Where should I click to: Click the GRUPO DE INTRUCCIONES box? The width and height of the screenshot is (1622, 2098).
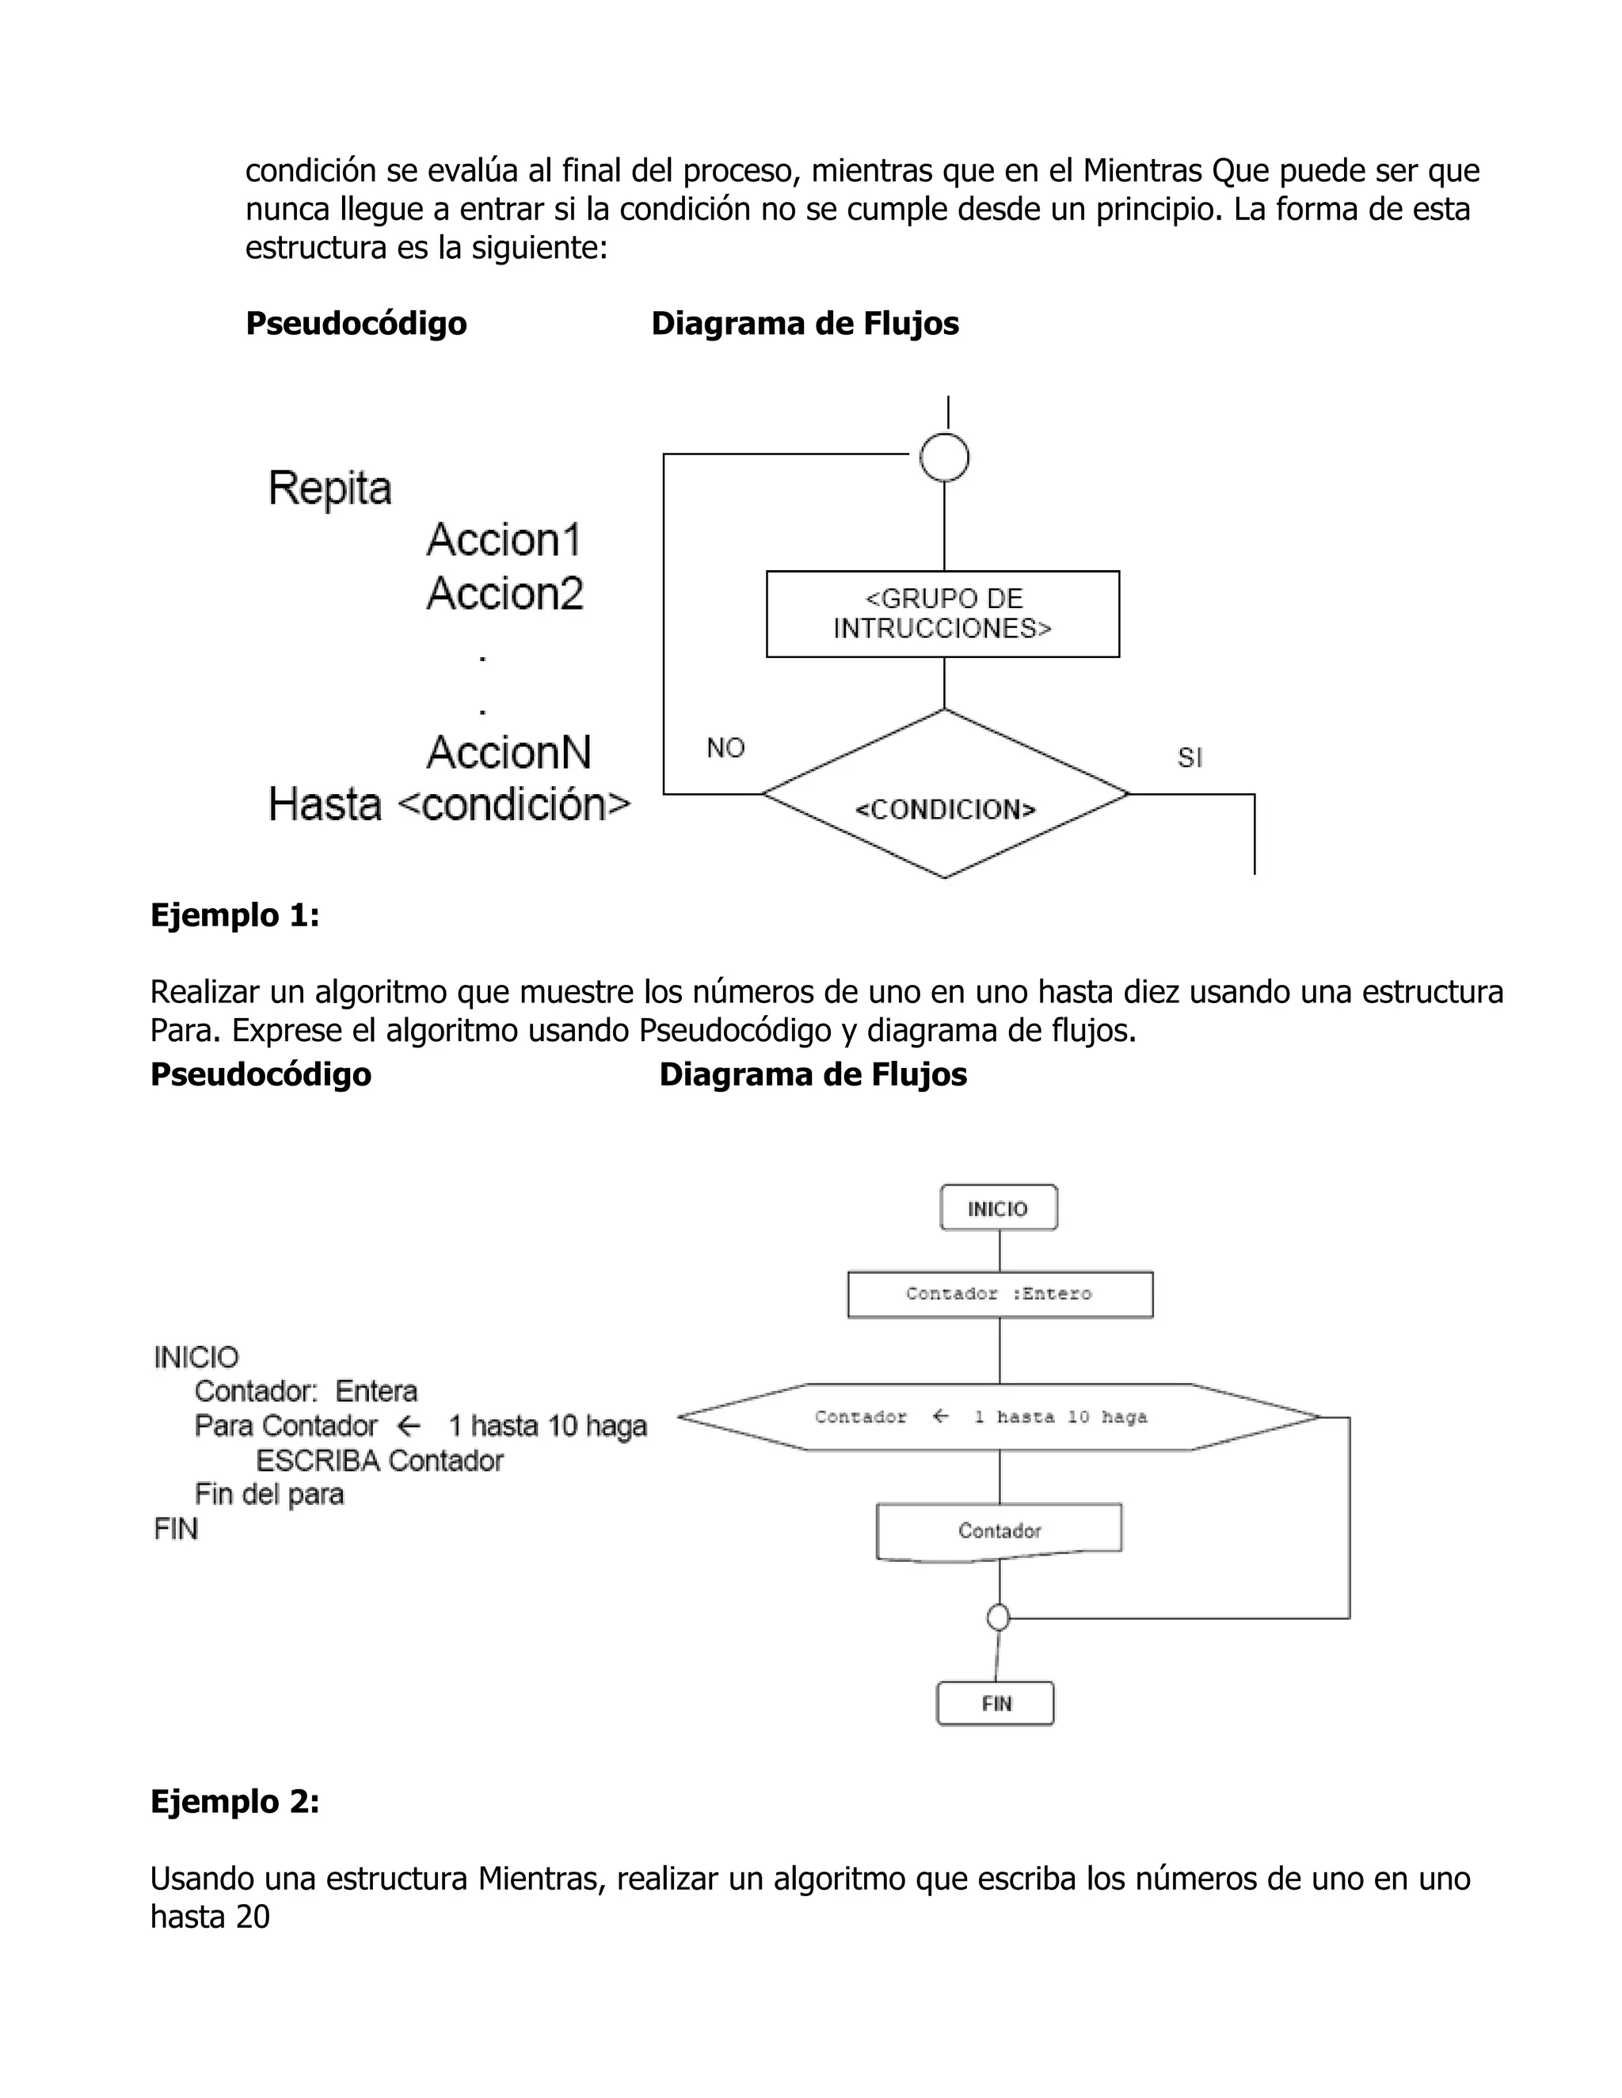(x=942, y=614)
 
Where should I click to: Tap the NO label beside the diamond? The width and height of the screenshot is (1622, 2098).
(x=725, y=748)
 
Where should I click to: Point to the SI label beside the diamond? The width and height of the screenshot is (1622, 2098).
(x=1190, y=758)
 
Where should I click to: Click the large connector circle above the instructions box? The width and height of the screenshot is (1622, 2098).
(x=945, y=458)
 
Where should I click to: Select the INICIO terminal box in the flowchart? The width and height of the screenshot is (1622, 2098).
(x=999, y=1208)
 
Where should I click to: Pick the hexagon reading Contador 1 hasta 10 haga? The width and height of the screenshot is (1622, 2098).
(x=999, y=1417)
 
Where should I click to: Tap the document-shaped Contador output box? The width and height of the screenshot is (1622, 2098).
(x=999, y=1531)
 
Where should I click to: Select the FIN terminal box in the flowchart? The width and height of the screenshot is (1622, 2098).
(x=996, y=1703)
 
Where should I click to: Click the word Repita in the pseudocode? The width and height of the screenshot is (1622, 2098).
(x=329, y=488)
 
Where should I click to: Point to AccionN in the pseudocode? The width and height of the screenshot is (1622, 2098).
(x=508, y=752)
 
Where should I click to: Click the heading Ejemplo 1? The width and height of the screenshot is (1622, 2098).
(x=234, y=914)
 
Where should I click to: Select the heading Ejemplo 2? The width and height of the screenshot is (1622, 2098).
(x=234, y=1801)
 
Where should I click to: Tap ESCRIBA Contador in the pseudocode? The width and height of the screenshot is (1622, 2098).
(x=379, y=1461)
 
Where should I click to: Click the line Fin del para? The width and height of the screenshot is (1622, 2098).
(x=269, y=1495)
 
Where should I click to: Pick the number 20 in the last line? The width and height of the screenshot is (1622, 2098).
(x=253, y=1917)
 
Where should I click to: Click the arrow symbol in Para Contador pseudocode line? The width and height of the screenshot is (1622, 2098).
(x=409, y=1426)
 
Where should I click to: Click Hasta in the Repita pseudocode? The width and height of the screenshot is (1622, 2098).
(x=325, y=805)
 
